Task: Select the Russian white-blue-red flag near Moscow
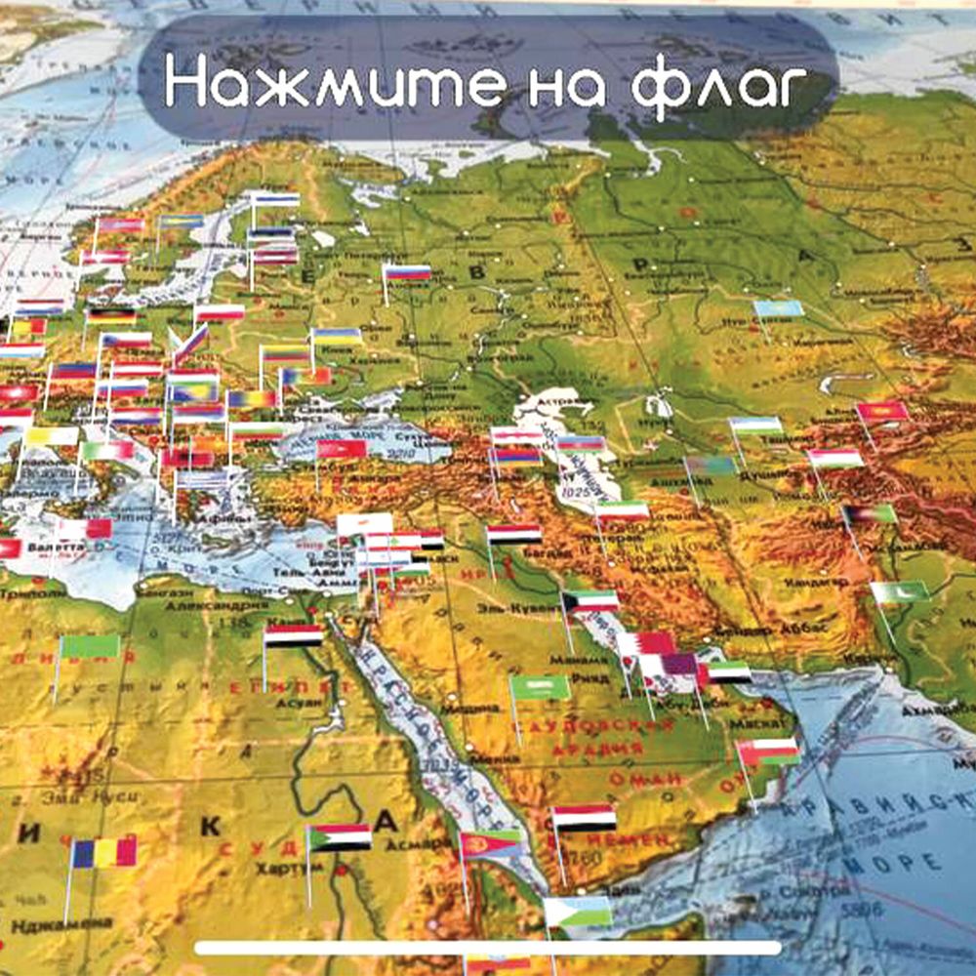407,272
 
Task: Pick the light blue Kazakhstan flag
779,308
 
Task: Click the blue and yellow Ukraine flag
337,337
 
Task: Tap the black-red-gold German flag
110,316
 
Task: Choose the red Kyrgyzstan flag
883,412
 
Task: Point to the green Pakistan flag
900,592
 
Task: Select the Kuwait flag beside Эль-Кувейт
590,601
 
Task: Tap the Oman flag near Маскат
768,752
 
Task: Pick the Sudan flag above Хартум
340,837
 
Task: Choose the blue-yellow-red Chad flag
104,853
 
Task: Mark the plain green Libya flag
89,646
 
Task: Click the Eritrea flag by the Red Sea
491,843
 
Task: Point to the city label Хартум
275,868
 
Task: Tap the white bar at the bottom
488,948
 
